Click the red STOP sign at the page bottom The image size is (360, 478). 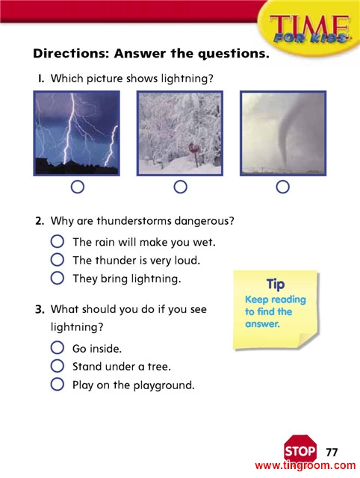pyautogui.click(x=300, y=450)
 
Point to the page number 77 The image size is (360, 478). pyautogui.click(x=332, y=452)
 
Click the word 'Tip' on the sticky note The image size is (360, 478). pyautogui.click(x=276, y=285)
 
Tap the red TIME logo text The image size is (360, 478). pyautogui.click(x=309, y=27)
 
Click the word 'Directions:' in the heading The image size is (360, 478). pyautogui.click(x=71, y=53)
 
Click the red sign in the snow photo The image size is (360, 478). pyautogui.click(x=194, y=148)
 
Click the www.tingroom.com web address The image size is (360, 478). pyautogui.click(x=305, y=465)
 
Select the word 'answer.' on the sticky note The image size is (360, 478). pyautogui.click(x=262, y=323)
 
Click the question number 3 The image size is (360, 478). pyautogui.click(x=40, y=309)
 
